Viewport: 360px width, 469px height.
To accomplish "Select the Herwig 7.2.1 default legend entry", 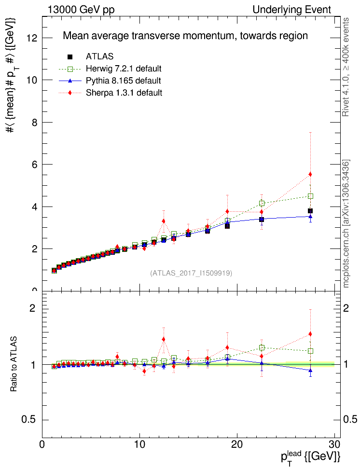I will pos(124,69).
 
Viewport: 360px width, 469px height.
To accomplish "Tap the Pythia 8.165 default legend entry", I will pos(124,81).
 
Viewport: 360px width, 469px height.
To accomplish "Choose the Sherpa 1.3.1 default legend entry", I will pos(124,93).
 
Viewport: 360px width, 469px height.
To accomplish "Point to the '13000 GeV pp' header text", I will pos(81,10).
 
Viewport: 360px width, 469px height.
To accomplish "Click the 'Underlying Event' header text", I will pos(292,10).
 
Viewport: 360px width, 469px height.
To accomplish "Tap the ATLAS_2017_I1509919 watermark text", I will pos(191,273).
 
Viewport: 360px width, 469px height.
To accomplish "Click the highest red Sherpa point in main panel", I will pos(310,174).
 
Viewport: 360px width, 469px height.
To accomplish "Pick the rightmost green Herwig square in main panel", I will pos(310,196).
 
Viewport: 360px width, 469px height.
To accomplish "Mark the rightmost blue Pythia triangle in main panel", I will pos(310,216).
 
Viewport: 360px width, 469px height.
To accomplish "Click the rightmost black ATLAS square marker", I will pos(310,211).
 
